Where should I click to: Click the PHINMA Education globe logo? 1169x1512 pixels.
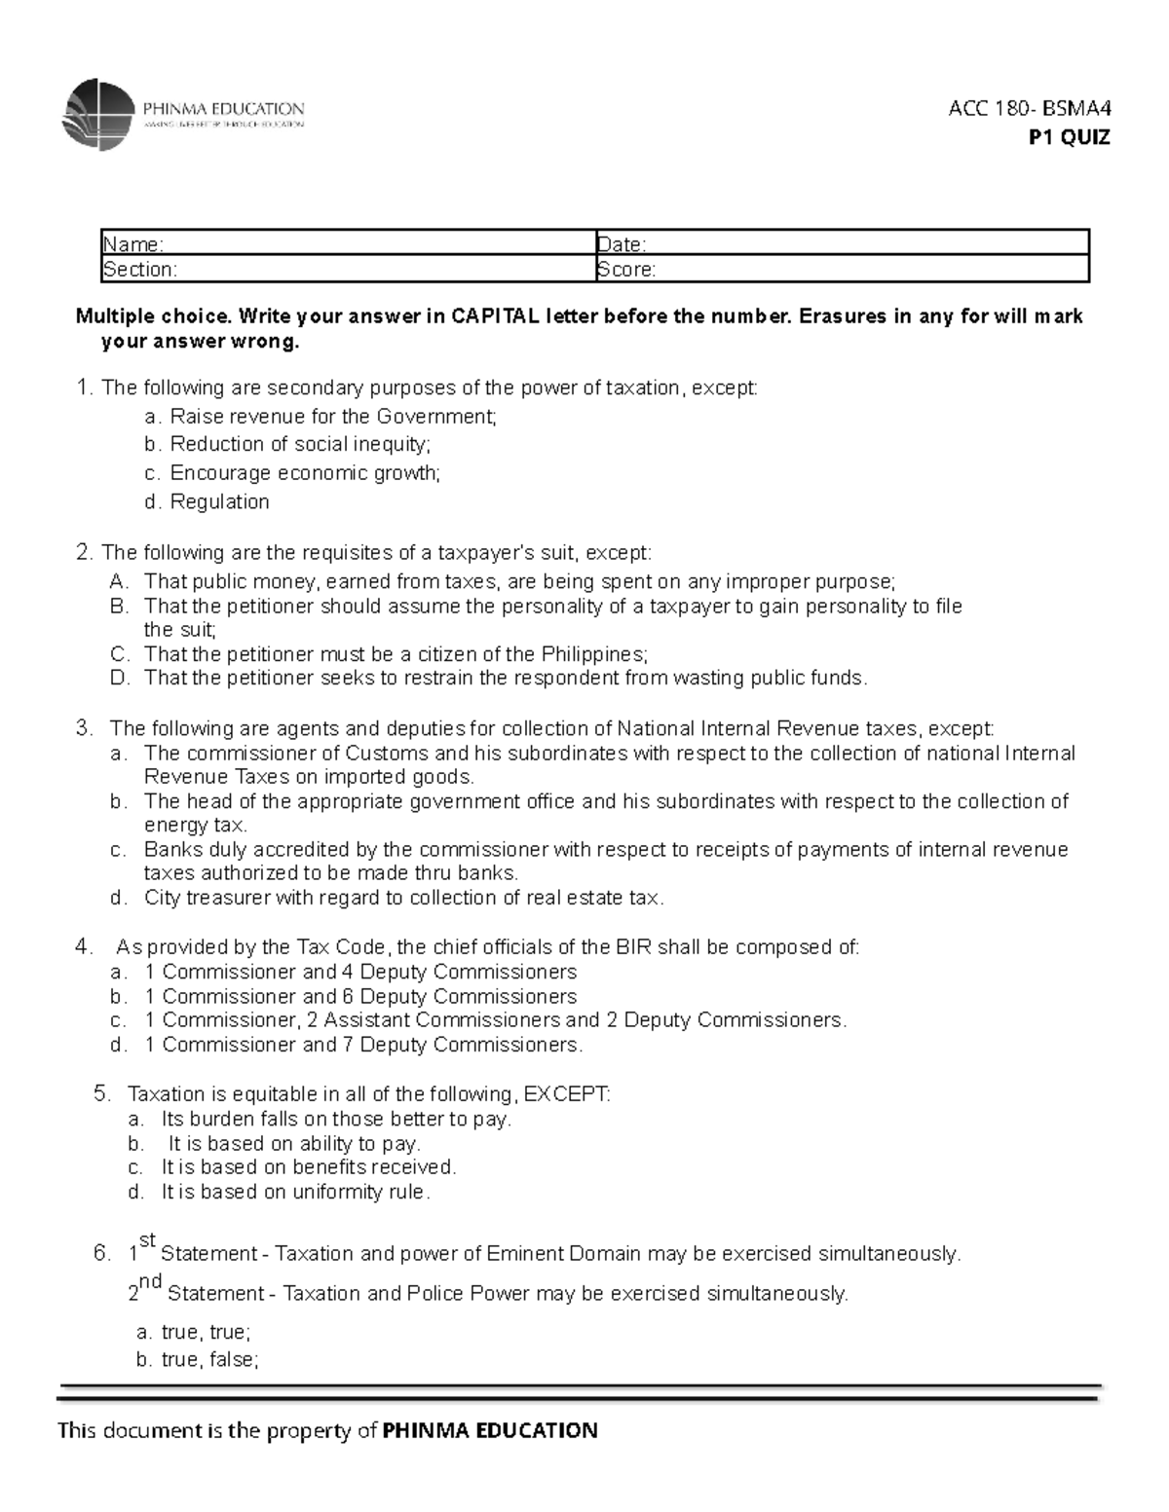click(x=97, y=115)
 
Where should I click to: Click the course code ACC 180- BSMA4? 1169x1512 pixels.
click(x=1029, y=108)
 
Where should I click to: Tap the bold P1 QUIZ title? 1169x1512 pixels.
click(x=1069, y=137)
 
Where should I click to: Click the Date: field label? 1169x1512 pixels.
click(x=622, y=244)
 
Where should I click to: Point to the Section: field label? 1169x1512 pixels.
click(x=140, y=270)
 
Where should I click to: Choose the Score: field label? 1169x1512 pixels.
click(x=626, y=270)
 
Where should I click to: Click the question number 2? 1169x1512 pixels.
click(x=83, y=553)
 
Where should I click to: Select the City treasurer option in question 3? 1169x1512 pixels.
click(x=403, y=898)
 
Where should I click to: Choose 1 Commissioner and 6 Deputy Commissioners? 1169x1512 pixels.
click(x=369, y=996)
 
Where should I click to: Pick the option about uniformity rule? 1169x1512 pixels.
click(x=294, y=1192)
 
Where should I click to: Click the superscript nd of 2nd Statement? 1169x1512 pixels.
click(x=150, y=1282)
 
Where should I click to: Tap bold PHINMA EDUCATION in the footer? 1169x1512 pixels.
click(x=490, y=1430)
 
